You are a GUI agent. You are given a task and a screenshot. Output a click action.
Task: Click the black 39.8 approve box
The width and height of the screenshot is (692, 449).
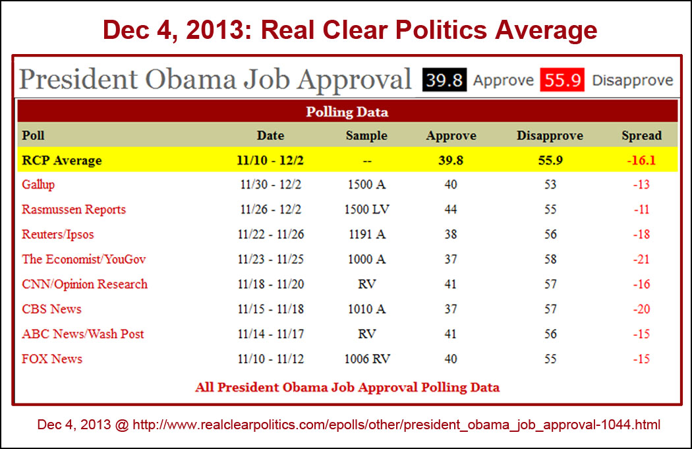click(x=444, y=80)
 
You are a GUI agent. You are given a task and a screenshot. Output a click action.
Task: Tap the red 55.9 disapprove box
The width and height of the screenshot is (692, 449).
click(x=562, y=80)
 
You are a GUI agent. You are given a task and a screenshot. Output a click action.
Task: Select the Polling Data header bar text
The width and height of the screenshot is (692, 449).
click(x=347, y=112)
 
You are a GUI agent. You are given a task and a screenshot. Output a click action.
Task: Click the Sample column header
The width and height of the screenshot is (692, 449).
click(x=366, y=136)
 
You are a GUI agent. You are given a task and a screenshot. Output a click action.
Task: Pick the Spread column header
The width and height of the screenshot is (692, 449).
click(x=641, y=136)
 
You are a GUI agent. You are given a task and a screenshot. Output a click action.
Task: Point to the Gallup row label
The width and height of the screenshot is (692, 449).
click(x=38, y=185)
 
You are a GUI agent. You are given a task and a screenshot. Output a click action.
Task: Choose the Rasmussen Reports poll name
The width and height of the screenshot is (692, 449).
click(x=74, y=210)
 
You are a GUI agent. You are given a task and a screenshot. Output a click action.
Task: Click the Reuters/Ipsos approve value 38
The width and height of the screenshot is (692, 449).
click(x=451, y=235)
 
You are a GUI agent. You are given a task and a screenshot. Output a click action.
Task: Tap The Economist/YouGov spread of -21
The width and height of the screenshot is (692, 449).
click(x=641, y=259)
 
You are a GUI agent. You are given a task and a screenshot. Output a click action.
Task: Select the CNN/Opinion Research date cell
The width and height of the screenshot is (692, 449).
click(x=271, y=284)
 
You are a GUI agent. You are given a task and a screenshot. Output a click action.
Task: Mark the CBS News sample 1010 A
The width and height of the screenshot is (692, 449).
click(x=366, y=309)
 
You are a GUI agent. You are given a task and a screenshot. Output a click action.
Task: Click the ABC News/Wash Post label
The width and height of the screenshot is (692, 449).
click(x=83, y=334)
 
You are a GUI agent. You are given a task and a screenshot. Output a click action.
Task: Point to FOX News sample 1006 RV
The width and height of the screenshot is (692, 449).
click(x=366, y=359)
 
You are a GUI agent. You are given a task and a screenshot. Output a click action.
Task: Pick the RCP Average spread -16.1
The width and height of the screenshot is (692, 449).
click(x=641, y=160)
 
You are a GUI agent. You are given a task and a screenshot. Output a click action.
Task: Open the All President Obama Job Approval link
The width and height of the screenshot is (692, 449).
click(x=347, y=387)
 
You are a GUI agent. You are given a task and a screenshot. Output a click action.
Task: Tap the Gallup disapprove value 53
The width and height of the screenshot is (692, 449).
click(x=550, y=185)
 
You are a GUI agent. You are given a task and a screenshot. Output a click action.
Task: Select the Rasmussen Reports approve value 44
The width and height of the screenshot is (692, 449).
click(x=451, y=210)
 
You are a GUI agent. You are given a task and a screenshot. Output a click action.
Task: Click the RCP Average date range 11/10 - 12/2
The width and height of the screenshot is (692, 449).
click(x=271, y=160)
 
